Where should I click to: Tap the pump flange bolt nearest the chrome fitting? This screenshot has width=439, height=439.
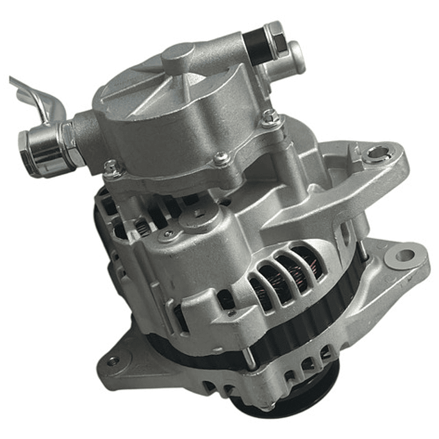pos(112,166)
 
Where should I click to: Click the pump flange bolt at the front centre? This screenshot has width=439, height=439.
pos(222,159)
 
